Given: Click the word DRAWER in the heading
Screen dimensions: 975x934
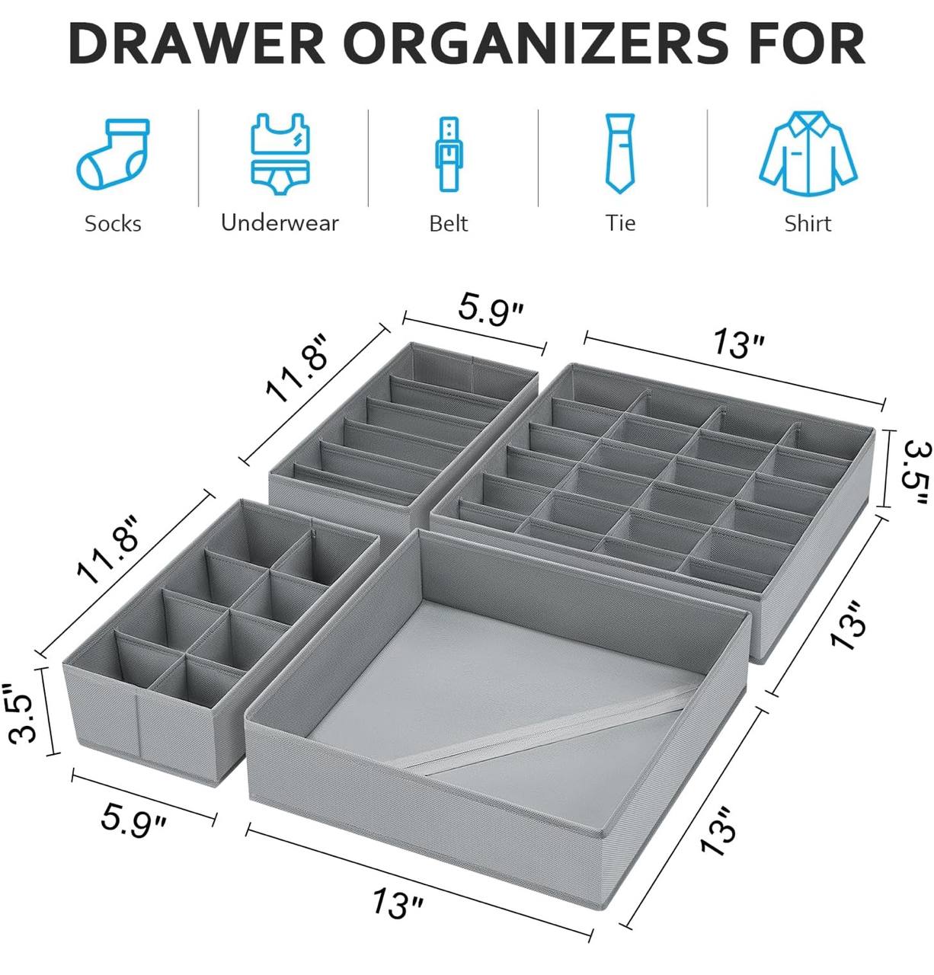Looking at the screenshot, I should (197, 43).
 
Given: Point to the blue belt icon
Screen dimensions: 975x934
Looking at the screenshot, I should (449, 154).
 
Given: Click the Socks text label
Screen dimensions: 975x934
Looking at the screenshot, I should (113, 224).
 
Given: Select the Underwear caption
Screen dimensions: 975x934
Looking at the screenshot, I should (280, 223).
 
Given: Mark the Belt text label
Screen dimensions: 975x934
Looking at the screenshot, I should (449, 224).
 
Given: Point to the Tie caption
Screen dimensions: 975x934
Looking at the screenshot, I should (620, 223).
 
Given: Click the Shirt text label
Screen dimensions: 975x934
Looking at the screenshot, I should (808, 224).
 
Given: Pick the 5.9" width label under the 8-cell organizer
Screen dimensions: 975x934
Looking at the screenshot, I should (133, 820).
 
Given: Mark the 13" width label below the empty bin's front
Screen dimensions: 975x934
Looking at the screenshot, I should (398, 903).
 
